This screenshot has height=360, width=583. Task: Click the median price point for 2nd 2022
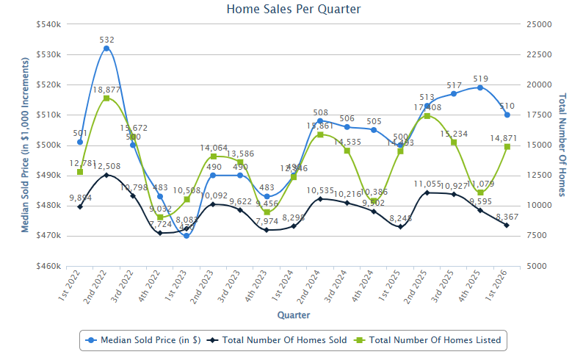point(106,48)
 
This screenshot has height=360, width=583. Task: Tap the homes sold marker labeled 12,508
point(106,175)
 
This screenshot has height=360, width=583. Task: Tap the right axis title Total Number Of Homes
point(563,145)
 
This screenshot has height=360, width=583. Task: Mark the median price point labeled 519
point(480,87)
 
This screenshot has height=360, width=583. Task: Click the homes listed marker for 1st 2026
point(507,146)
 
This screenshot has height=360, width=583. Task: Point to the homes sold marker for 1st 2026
point(507,225)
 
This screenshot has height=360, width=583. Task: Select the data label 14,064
point(213,147)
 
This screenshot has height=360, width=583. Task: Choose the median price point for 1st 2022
point(80,142)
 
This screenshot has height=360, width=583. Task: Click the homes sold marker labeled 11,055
point(427,192)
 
